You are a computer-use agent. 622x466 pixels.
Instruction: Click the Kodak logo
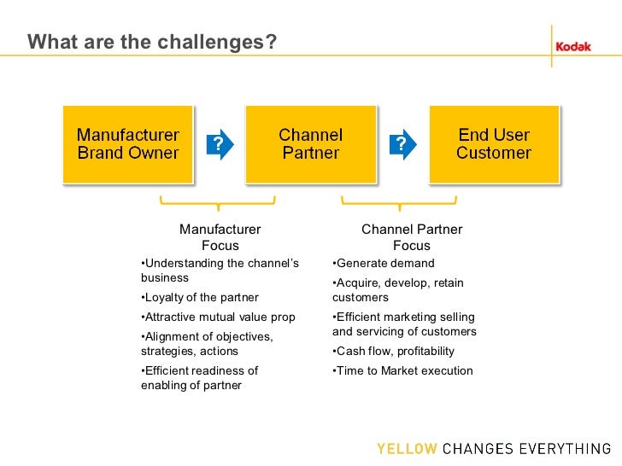[573, 47]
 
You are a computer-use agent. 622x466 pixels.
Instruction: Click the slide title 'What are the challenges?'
[152, 42]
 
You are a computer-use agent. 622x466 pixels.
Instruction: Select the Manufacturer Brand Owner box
[128, 144]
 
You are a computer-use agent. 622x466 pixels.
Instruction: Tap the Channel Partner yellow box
[311, 144]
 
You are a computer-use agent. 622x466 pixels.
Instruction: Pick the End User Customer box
[494, 144]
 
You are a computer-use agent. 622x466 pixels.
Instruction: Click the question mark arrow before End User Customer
[402, 145]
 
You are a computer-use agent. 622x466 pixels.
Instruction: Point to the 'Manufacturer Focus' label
[220, 237]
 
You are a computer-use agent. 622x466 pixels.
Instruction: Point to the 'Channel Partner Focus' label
[412, 237]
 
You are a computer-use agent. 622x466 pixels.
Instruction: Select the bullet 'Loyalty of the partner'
[200, 298]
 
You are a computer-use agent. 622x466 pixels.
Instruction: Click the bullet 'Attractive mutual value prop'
[218, 317]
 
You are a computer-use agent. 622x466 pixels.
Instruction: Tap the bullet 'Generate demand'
[384, 264]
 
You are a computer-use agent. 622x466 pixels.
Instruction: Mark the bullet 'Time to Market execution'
[402, 370]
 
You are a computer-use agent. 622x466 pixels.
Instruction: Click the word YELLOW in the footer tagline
[407, 449]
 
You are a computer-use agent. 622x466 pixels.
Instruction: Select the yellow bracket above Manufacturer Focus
[218, 203]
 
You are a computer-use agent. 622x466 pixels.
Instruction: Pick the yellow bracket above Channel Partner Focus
[399, 203]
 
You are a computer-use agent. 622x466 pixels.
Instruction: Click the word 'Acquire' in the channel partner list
[357, 283]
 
